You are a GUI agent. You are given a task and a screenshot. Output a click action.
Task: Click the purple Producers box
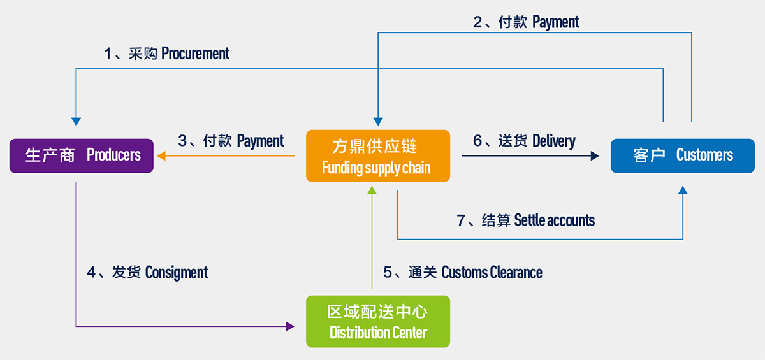tap(82, 155)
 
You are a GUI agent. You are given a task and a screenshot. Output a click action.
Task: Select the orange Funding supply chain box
tap(377, 156)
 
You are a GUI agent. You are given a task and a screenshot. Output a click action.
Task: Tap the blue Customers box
tap(682, 155)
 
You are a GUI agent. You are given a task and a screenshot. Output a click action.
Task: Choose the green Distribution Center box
tap(377, 321)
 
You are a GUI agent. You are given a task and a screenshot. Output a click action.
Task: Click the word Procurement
tap(195, 54)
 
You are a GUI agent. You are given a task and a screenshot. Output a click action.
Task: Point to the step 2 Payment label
tap(555, 22)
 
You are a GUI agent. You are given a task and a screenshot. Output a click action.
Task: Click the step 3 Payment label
tap(260, 141)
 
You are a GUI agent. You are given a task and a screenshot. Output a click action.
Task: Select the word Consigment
tap(177, 273)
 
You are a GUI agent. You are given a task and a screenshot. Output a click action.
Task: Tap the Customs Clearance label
tap(492, 273)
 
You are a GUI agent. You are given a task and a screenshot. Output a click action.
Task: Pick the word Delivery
tap(553, 141)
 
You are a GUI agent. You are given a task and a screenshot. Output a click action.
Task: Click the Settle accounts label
tap(554, 220)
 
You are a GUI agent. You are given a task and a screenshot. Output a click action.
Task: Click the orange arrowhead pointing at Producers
tap(162, 155)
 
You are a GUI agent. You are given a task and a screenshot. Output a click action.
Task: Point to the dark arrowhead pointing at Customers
tap(595, 155)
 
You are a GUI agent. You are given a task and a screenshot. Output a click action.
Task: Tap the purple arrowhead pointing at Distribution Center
tap(290, 326)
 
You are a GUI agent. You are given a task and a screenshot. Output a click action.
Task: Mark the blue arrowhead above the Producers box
tap(76, 121)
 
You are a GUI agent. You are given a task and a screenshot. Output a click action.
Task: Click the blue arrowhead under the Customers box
tap(683, 190)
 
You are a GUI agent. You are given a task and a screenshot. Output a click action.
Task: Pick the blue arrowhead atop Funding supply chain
tap(378, 121)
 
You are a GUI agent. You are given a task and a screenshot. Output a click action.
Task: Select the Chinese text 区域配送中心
tap(377, 312)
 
